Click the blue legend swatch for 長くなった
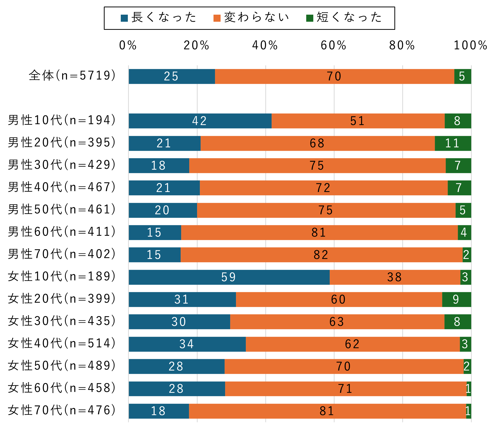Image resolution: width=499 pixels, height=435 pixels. pos(124,18)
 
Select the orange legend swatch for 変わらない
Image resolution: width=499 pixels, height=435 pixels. pos(217,18)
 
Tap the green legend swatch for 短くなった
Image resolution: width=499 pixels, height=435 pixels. pos(310,18)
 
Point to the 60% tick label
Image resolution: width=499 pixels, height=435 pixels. pos(334,45)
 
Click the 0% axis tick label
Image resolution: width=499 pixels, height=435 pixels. pos(128,45)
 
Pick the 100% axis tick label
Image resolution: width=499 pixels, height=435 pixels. pos(470,45)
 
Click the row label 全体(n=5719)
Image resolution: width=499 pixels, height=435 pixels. pos(72,76)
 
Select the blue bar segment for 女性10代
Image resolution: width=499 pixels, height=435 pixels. pos(229,277)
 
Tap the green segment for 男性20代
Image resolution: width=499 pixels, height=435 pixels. pos(453,143)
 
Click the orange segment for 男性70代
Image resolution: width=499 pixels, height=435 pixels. pos(321,255)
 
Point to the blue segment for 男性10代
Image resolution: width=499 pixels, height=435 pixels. pos(200,121)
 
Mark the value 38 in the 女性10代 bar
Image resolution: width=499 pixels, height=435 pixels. pos(394,277)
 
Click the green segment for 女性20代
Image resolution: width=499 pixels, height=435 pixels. pos(456,299)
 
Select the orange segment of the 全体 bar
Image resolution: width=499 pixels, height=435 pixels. pos(334,76)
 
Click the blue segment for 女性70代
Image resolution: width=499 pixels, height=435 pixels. pos(159,411)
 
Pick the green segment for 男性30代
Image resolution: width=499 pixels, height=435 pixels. pos(458,165)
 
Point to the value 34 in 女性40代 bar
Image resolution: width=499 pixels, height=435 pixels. pos(187,344)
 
